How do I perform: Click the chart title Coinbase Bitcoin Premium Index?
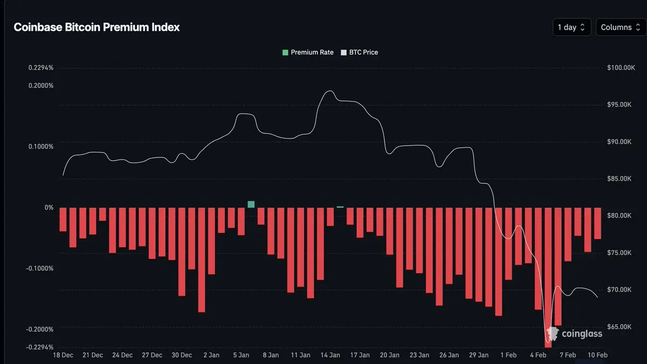(x=97, y=28)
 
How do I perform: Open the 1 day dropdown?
(x=572, y=28)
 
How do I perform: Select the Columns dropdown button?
(x=621, y=28)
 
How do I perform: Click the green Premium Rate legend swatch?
(x=285, y=52)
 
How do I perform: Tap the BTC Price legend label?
(x=363, y=52)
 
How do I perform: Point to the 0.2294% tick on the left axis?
(x=41, y=68)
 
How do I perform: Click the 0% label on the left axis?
(x=49, y=208)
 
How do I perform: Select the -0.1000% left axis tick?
(x=40, y=269)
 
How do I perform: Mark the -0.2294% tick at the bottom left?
(x=40, y=347)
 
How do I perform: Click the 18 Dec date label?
(x=63, y=355)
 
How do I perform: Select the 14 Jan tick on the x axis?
(x=330, y=355)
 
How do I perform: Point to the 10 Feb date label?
(x=597, y=355)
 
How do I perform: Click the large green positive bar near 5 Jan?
(x=251, y=204)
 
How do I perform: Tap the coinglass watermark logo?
(x=575, y=334)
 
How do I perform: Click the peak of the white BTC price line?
(x=329, y=91)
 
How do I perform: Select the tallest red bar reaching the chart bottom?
(x=548, y=277)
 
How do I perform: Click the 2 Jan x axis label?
(x=211, y=355)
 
